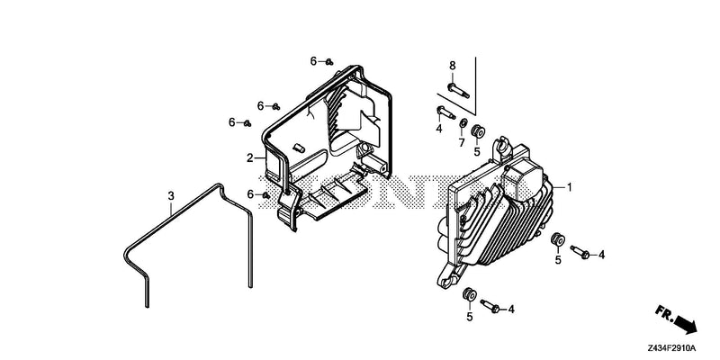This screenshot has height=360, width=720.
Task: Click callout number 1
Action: [x=570, y=187]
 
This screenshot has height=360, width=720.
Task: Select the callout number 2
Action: [x=250, y=158]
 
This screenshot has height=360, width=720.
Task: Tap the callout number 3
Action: [x=171, y=196]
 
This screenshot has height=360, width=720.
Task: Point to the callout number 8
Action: [x=453, y=65]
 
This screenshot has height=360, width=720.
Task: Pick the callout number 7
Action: [x=462, y=143]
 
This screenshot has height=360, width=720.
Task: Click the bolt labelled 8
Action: [x=458, y=91]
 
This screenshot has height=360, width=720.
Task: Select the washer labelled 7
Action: [x=463, y=123]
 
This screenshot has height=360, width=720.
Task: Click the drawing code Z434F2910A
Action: [x=671, y=347]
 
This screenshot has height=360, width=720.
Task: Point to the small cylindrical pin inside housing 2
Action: [x=299, y=148]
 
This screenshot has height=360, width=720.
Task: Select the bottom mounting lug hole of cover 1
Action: [x=445, y=280]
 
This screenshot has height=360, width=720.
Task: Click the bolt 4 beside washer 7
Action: [x=445, y=112]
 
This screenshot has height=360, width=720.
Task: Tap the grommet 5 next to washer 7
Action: [x=478, y=130]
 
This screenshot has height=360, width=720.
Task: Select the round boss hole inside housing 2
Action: [x=366, y=148]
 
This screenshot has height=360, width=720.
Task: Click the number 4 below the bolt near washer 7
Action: [x=439, y=129]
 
